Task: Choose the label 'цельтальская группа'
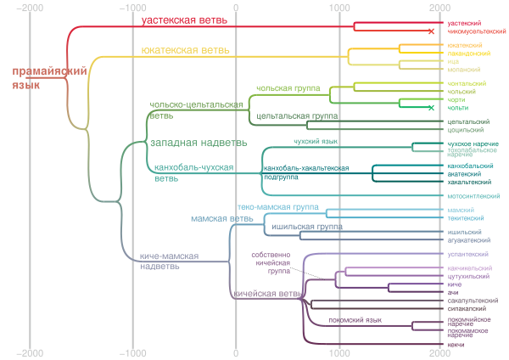click(x=292, y=115)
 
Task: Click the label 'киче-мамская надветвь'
click(x=170, y=260)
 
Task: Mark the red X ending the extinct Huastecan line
click(x=431, y=31)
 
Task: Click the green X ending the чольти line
click(x=431, y=108)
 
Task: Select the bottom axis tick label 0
click(x=236, y=352)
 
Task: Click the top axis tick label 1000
click(x=339, y=7)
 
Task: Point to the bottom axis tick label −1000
click(x=133, y=352)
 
